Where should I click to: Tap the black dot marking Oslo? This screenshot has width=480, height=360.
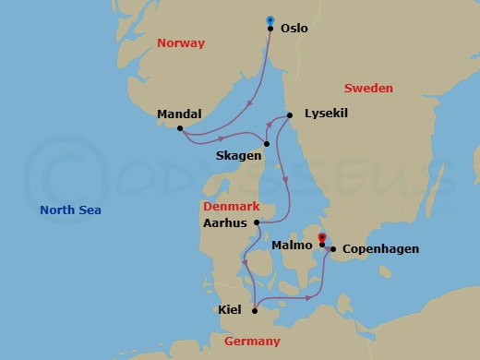[x=270, y=29]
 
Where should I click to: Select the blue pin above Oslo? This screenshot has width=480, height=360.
[x=270, y=19]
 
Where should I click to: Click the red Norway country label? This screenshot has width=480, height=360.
[x=181, y=43]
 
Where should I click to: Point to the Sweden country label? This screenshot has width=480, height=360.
[x=368, y=89]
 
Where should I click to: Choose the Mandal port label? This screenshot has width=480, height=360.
[x=180, y=114]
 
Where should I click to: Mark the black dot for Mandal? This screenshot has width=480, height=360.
[x=180, y=128]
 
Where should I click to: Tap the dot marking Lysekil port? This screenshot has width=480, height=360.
[x=289, y=115]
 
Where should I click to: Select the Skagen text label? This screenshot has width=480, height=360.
[x=238, y=157]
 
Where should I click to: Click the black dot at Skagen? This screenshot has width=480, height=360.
[x=266, y=143]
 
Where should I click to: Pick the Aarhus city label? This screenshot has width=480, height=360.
[x=226, y=222]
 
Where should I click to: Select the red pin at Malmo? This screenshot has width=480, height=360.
[x=321, y=238]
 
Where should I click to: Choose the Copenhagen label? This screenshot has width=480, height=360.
[x=380, y=249]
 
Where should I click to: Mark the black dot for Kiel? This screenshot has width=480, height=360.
[x=254, y=310]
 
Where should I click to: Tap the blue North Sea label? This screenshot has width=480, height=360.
[x=70, y=210]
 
